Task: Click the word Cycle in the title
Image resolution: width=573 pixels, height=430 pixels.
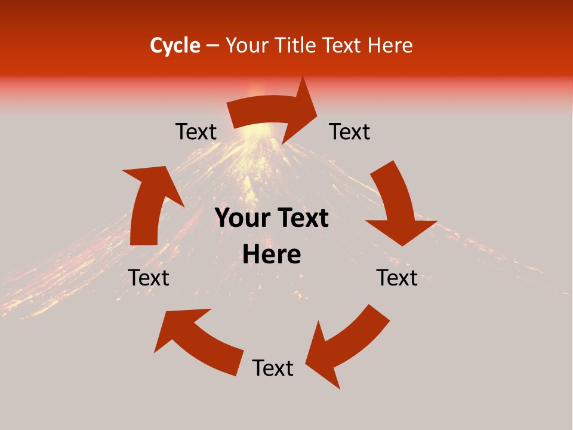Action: [175, 45]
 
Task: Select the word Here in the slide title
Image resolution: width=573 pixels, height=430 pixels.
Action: [390, 45]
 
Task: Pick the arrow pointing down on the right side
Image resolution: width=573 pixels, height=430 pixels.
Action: [397, 203]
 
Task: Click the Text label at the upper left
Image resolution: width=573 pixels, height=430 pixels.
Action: [196, 132]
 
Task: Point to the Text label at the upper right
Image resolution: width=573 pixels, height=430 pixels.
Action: [350, 132]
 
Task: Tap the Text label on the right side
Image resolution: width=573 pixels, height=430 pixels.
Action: [397, 278]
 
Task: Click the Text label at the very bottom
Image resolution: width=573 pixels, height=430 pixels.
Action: [273, 368]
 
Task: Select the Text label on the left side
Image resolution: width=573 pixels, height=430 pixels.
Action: [149, 278]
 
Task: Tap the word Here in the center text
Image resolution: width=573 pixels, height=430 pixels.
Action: [272, 255]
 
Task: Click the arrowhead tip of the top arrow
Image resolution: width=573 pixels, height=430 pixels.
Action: [317, 107]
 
